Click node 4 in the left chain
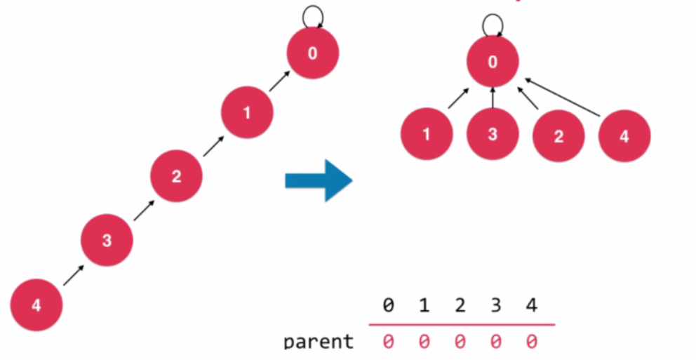pyautogui.click(x=36, y=305)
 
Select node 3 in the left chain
pyautogui.click(x=107, y=240)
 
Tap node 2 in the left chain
pyautogui.click(x=176, y=175)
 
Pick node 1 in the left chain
pyautogui.click(x=247, y=112)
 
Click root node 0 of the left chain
pyautogui.click(x=312, y=53)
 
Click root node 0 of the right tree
pyautogui.click(x=493, y=61)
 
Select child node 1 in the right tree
pyautogui.click(x=427, y=133)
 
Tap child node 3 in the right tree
pyautogui.click(x=493, y=133)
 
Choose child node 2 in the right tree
pyautogui.click(x=558, y=136)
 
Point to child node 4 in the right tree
pyautogui.click(x=624, y=136)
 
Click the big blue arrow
pyautogui.click(x=319, y=180)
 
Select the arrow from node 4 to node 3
pyautogui.click(x=74, y=275)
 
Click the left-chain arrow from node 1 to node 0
pyautogui.click(x=280, y=81)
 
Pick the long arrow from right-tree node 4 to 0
pyautogui.click(x=563, y=98)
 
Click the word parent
pyautogui.click(x=319, y=342)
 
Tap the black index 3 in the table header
pyautogui.click(x=495, y=305)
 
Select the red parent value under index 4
pyautogui.click(x=531, y=341)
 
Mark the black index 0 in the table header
pyautogui.click(x=388, y=305)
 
